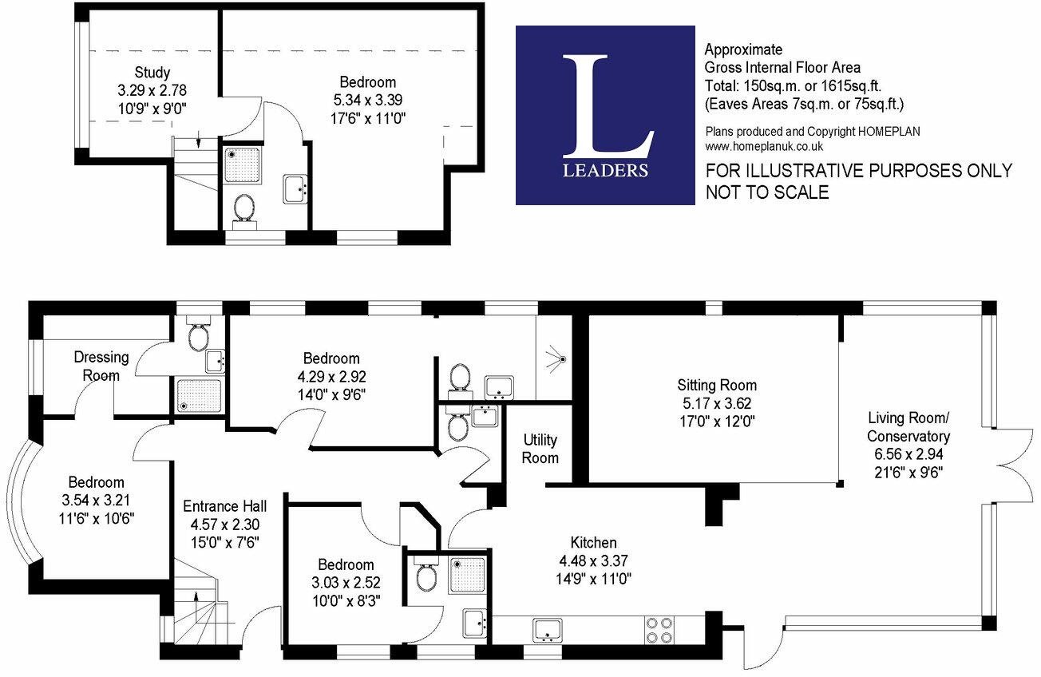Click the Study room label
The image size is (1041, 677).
click(152, 73)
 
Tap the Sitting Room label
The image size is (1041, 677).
click(717, 385)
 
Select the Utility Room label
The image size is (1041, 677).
click(540, 449)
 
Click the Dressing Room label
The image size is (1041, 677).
click(101, 366)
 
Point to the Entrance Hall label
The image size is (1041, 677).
click(225, 506)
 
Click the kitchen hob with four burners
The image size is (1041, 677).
click(659, 630)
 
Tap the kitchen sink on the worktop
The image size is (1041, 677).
click(547, 631)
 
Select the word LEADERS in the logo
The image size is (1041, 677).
click(605, 171)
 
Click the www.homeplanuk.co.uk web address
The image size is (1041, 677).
click(764, 147)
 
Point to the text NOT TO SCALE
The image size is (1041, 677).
click(767, 192)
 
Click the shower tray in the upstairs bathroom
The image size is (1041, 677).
click(242, 164)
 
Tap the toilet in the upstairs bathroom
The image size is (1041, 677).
click(244, 212)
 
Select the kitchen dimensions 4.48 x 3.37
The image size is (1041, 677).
click(593, 560)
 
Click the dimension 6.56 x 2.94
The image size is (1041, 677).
click(908, 454)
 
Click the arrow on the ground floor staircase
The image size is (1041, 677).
click(196, 603)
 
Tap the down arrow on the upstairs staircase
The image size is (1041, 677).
click(199, 140)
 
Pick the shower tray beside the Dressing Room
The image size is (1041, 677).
click(200, 395)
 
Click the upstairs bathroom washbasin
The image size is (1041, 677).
click(295, 189)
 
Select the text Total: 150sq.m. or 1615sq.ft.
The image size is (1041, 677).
click(793, 86)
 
